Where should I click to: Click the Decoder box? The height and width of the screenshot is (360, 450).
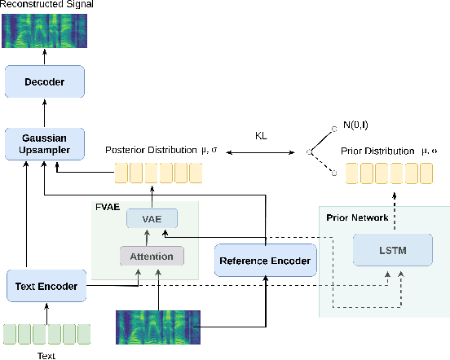click(x=45, y=81)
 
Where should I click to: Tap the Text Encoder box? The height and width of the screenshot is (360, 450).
click(x=46, y=286)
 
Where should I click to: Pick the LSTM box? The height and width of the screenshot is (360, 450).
click(x=391, y=249)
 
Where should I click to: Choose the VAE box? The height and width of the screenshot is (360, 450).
click(x=151, y=219)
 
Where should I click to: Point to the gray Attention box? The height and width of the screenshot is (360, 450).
click(x=152, y=256)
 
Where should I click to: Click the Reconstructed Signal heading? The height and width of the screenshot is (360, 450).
click(x=46, y=6)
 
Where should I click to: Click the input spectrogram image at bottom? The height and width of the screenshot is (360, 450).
click(x=157, y=328)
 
